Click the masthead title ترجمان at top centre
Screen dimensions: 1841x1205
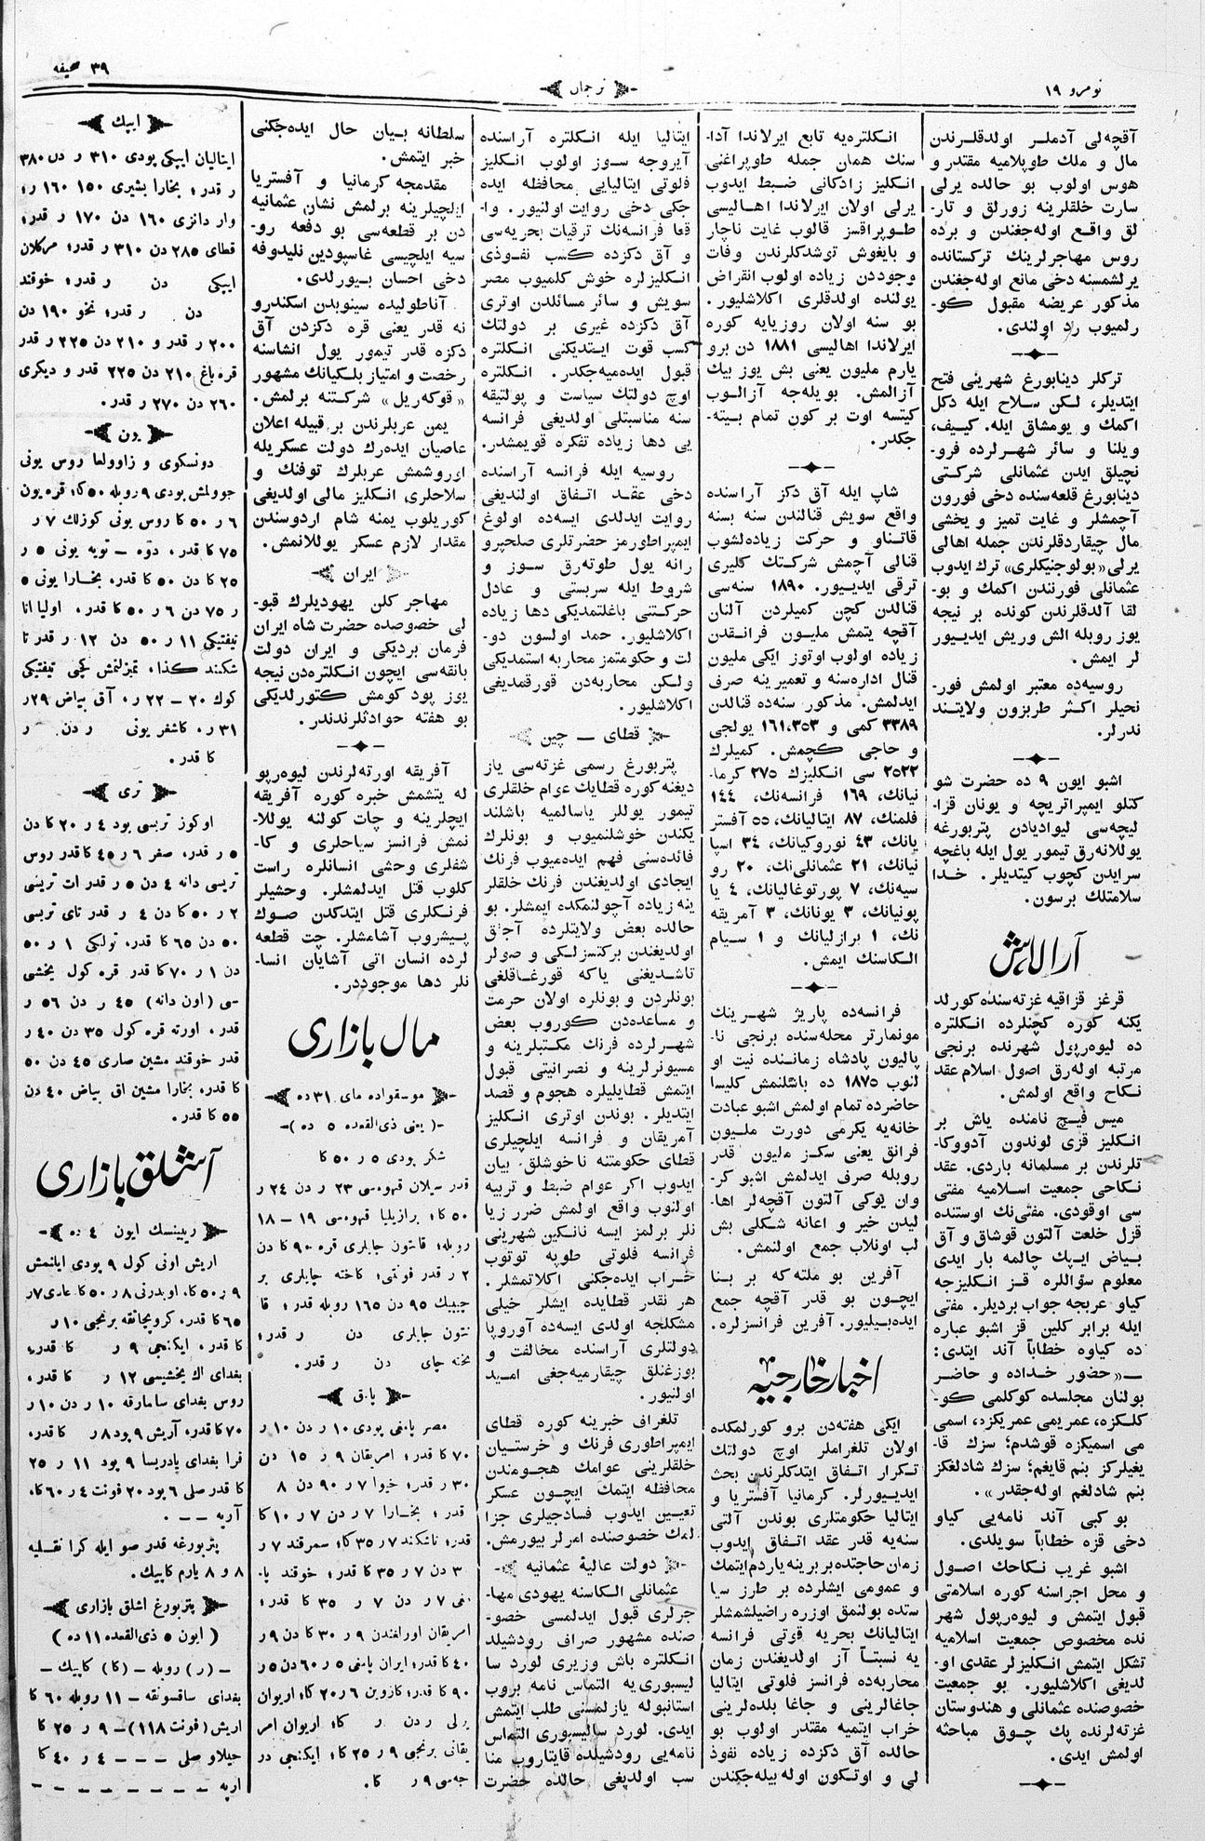click(x=592, y=90)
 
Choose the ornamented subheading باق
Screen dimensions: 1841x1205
click(x=362, y=1395)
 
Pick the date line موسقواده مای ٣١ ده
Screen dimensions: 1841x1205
click(x=361, y=1096)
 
